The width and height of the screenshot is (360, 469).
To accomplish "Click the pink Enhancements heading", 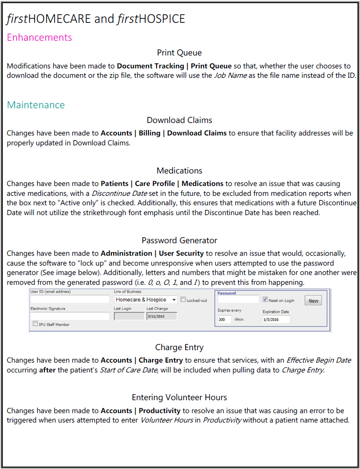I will pos(39,38).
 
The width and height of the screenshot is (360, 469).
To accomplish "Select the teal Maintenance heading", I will pos(36,105).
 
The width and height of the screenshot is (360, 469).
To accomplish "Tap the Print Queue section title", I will pos(179,53).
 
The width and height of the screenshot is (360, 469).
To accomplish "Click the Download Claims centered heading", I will pos(179,120).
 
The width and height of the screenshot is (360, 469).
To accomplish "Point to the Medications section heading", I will pos(179,171).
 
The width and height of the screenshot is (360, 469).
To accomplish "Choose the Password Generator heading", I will pos(179,241).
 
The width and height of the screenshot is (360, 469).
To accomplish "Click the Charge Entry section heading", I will pos(179,347).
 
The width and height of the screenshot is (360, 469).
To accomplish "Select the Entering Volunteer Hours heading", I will pos(179,397).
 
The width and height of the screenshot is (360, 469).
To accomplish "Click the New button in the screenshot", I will pos(313,301).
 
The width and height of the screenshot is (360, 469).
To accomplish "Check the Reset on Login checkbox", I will pos(265,300).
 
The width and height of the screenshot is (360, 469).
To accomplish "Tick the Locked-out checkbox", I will pos(183,300).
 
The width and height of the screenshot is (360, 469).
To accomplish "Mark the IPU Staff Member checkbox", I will pos(35,324).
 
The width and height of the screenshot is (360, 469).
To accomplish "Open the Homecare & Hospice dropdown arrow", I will pos(174,300).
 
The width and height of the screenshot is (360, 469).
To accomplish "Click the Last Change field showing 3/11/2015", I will pos(161,317).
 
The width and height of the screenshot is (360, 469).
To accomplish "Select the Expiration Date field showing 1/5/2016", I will pos(276,320).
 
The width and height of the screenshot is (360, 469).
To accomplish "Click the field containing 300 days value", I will pos(224,320).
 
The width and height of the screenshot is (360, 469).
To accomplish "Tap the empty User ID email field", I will pos(70,300).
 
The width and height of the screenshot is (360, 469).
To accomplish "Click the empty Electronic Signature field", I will pos(70,316).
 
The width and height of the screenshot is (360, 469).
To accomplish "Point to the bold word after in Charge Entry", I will pos(47,370).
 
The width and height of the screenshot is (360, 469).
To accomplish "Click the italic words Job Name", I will pos(230,75).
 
